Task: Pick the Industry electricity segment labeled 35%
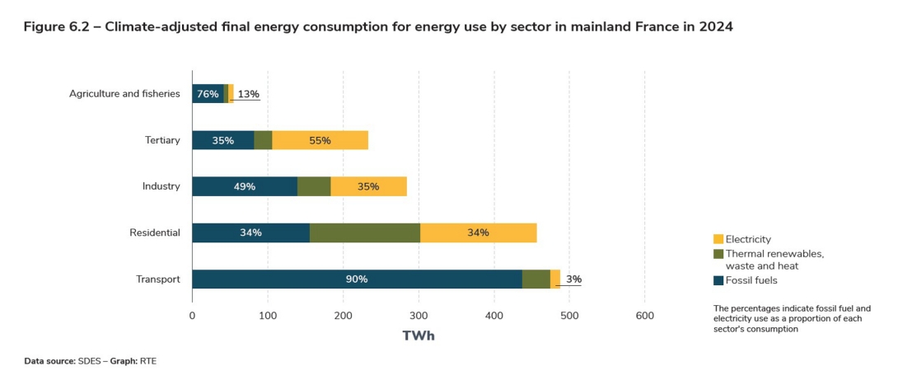pos(368,186)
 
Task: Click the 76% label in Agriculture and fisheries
pos(208,94)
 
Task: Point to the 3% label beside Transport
pos(573,279)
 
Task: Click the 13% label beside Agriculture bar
pos(248,94)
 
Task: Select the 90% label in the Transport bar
pos(357,279)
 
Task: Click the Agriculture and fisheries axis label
pos(124,94)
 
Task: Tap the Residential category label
pos(154,232)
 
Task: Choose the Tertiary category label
pos(162,140)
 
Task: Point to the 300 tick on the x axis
pos(419,315)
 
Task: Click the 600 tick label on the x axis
pos(645,315)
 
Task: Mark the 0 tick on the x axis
pos(192,315)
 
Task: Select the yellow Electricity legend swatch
pos(718,239)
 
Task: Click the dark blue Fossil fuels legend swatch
pos(718,280)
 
